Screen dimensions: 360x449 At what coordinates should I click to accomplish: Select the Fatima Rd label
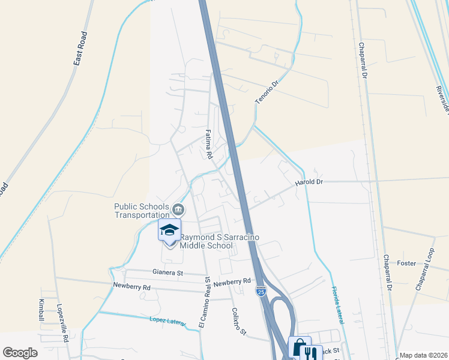point(209,145)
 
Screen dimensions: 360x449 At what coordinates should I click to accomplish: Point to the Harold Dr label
point(309,182)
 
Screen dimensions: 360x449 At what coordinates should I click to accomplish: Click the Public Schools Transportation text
point(142,211)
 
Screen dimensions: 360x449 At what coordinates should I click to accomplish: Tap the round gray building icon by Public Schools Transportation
point(178,209)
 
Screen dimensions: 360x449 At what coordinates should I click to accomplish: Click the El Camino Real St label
point(205,302)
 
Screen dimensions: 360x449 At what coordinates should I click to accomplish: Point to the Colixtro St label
point(239,322)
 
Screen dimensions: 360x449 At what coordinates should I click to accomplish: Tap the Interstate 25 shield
point(261,292)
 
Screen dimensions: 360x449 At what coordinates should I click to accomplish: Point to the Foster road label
point(406,263)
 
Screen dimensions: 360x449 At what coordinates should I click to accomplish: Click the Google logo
point(20,352)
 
